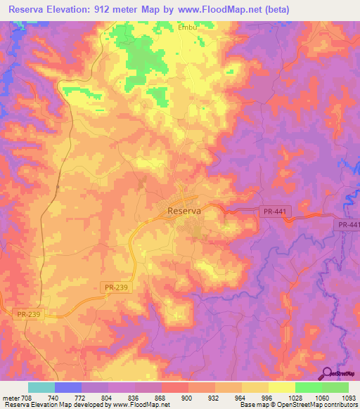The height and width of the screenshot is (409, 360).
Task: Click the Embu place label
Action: (x=187, y=27)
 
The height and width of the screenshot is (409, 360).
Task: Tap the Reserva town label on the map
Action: (x=184, y=210)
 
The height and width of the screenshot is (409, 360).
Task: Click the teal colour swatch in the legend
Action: (x=41, y=387)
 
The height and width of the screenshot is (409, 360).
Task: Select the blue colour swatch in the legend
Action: (x=68, y=387)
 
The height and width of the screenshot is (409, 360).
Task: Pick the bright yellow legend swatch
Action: (x=282, y=387)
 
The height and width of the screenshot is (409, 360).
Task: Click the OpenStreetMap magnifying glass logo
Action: (x=326, y=374)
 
